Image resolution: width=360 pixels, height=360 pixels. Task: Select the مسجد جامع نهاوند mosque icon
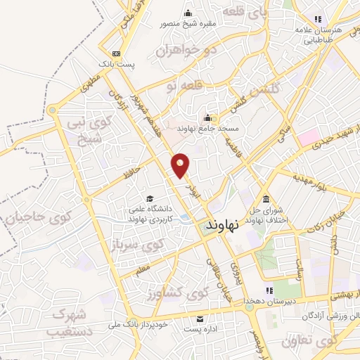click(x=208, y=118)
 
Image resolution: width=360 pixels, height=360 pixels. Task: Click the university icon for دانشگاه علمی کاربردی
click(x=149, y=198)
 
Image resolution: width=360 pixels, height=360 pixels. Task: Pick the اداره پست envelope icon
click(x=199, y=319)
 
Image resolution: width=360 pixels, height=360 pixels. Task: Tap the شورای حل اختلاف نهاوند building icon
click(x=265, y=198)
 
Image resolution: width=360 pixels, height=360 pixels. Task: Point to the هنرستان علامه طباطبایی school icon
click(x=318, y=19)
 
